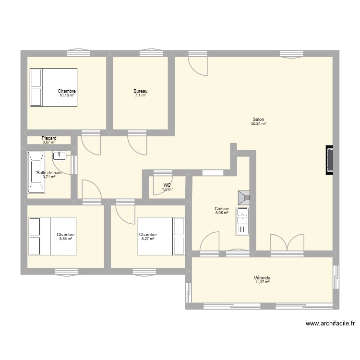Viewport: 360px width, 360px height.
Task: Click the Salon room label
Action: point(258,120)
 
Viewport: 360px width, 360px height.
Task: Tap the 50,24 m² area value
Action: point(258,124)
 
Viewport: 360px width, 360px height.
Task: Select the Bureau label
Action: point(140,91)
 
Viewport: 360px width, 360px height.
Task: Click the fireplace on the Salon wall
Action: point(329,160)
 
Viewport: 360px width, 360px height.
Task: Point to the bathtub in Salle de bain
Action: point(36,172)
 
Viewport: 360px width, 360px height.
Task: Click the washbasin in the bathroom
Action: point(59,155)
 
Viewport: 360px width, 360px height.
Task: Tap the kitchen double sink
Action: point(243,221)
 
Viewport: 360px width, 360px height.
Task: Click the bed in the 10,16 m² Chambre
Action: point(53,87)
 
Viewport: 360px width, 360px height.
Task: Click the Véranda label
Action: point(262,278)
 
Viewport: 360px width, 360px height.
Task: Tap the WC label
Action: point(167,185)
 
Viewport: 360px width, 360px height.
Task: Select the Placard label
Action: point(49,138)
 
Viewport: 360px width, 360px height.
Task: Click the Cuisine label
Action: point(222,209)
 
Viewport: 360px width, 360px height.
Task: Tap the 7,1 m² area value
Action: point(140,96)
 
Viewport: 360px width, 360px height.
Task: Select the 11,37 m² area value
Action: point(262,282)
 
